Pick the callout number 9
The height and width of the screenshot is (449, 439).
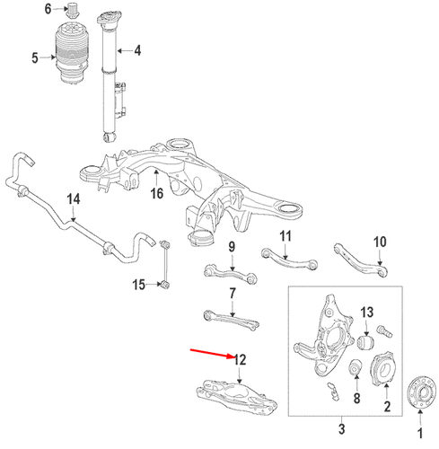pyautogui.click(x=231, y=248)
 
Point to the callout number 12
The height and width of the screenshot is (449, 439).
pyautogui.click(x=240, y=360)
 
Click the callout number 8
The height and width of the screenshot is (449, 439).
pyautogui.click(x=356, y=398)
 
